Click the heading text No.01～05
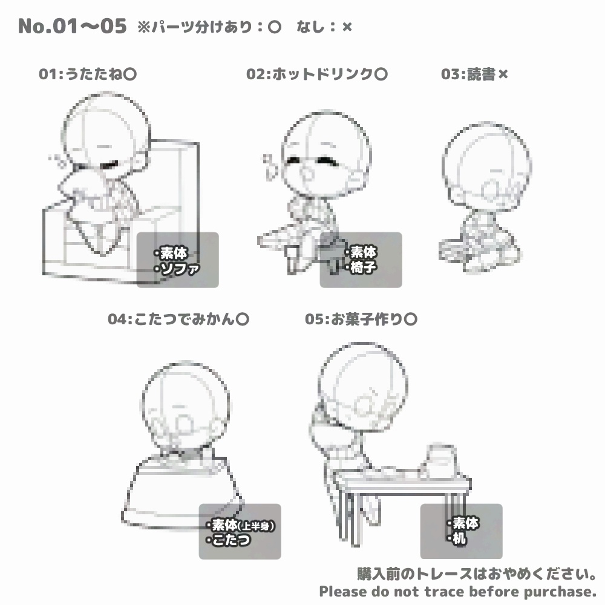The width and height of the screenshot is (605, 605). coord(72,26)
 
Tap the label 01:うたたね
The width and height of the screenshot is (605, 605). coord(87,74)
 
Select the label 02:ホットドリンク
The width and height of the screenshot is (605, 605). coord(316,74)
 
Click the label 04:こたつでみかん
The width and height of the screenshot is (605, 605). coord(178,319)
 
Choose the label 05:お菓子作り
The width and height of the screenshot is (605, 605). coord(361,319)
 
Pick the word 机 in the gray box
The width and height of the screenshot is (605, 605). coord(460,538)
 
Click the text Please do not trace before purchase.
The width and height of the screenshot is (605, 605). coord(458,591)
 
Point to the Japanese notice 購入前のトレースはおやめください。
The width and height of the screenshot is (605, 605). coord(477,573)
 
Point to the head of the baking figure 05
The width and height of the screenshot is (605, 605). coord(357,384)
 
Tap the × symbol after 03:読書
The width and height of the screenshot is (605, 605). coord(503,74)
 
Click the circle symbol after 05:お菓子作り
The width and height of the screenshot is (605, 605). coord(410,319)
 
